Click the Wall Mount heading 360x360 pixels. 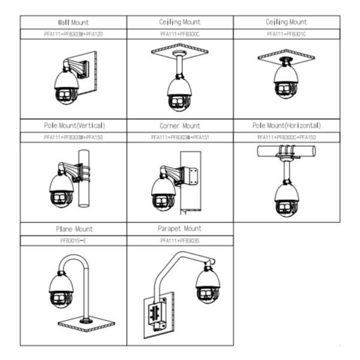(73, 22)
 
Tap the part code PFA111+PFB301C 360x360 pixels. (286, 34)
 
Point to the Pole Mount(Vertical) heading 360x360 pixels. (73, 126)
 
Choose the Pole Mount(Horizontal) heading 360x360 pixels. (286, 126)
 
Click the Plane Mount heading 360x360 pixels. (73, 229)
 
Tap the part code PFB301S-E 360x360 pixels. (73, 241)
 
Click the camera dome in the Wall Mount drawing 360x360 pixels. (65, 87)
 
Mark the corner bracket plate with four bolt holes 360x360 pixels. (193, 176)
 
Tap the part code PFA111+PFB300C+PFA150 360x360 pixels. (286, 137)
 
